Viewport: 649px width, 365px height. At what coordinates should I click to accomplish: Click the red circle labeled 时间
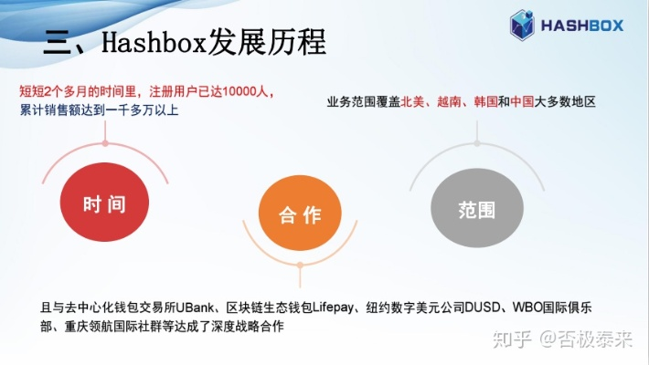[x=103, y=204]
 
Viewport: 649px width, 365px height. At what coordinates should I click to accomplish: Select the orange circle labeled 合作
[x=300, y=214]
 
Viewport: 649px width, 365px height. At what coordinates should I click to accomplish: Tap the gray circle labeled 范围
[x=475, y=209]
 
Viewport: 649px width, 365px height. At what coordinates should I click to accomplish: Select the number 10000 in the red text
[x=240, y=92]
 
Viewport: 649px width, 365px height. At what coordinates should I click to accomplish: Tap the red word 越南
[x=450, y=102]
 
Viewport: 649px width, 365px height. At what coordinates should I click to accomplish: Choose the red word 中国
[x=522, y=102]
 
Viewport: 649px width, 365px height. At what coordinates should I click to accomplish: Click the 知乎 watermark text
[x=510, y=341]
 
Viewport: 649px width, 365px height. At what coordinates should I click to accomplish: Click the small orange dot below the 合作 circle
[x=300, y=264]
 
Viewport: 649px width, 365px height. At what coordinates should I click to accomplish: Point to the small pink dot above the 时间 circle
[x=106, y=143]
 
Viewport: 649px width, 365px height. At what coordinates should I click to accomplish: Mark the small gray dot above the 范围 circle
[x=476, y=143]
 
